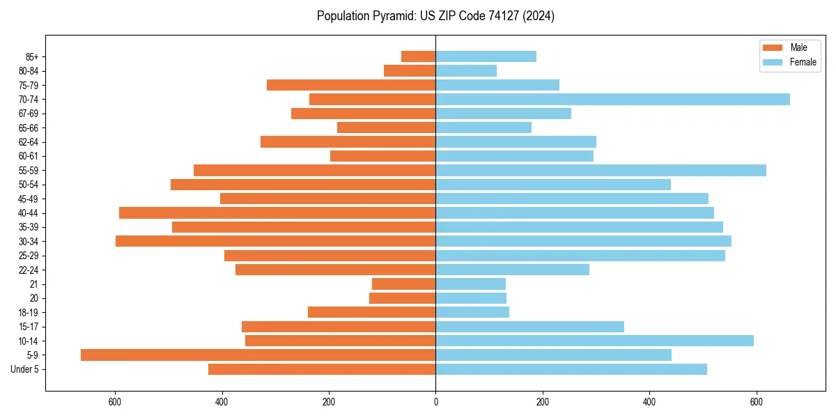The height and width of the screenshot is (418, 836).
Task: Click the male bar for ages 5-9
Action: (x=258, y=355)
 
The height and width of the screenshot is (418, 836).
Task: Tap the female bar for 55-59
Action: (x=601, y=171)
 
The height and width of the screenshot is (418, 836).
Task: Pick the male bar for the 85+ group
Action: (x=418, y=56)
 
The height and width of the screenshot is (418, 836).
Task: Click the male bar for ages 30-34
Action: (x=275, y=242)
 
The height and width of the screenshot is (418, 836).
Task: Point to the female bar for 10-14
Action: (x=594, y=341)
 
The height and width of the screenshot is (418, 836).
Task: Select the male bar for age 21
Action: (x=403, y=284)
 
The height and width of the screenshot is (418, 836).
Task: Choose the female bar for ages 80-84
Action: (x=466, y=71)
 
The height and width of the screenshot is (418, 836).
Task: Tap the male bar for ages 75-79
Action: (x=351, y=85)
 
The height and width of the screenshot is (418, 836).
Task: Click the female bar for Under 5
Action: (x=571, y=369)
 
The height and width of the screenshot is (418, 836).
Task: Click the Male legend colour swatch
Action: (x=773, y=47)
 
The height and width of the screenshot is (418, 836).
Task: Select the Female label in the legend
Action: (x=803, y=62)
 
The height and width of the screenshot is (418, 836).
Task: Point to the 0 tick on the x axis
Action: (x=435, y=402)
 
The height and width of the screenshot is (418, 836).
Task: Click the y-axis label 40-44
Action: (x=29, y=213)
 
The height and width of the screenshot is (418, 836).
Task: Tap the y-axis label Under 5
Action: (x=25, y=369)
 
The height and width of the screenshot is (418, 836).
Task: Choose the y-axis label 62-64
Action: (x=29, y=142)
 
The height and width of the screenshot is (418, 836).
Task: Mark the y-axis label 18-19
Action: (x=29, y=313)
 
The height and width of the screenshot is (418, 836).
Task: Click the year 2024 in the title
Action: (x=541, y=16)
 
